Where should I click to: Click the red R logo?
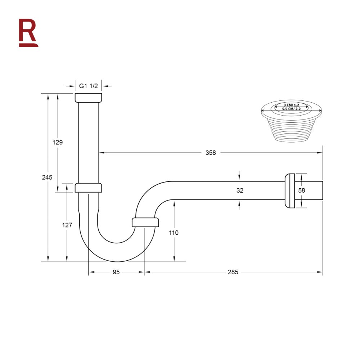pyautogui.click(x=28, y=33)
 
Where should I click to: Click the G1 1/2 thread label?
pyautogui.click(x=89, y=86)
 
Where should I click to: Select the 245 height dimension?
pyautogui.click(x=47, y=177)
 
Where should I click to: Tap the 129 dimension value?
pyautogui.click(x=57, y=142)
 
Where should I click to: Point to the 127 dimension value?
pyautogui.click(x=67, y=225)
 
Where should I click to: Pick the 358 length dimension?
pyautogui.click(x=211, y=153)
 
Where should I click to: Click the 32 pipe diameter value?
pyautogui.click(x=240, y=190)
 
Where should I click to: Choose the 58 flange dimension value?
pyautogui.click(x=301, y=190)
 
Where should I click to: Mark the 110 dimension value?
pyautogui.click(x=174, y=233)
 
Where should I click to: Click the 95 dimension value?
pyautogui.click(x=116, y=272)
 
